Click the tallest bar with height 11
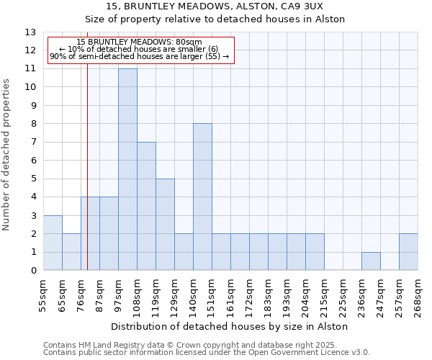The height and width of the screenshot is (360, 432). [x=127, y=169]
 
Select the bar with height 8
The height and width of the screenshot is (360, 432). [x=202, y=197]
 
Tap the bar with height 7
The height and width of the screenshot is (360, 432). [x=146, y=206]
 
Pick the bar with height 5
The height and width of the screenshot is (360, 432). [x=165, y=225]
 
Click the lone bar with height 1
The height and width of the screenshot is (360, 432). [x=371, y=261]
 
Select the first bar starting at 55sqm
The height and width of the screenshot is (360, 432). [x=53, y=243]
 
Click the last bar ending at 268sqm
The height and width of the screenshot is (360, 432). [x=408, y=252]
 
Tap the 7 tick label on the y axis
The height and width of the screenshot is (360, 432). [x=33, y=143]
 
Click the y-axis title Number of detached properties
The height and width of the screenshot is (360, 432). [x=7, y=155]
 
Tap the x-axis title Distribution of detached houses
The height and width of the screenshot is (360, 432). [x=230, y=326]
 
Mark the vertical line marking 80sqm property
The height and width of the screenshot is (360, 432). [x=87, y=166]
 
